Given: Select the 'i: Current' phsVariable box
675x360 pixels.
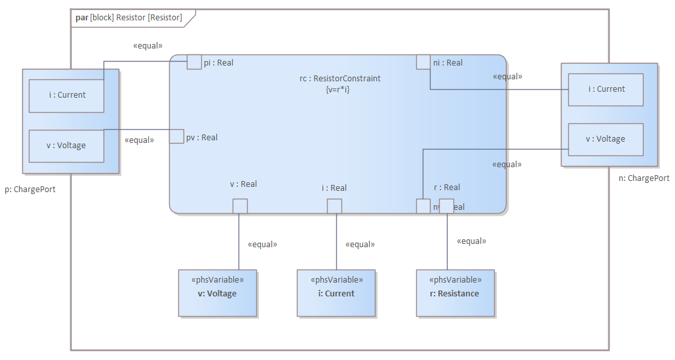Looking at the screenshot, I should pyautogui.click(x=336, y=293).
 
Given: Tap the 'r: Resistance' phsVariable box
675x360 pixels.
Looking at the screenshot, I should pyautogui.click(x=455, y=293).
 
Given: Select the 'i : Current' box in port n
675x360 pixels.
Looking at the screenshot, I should pyautogui.click(x=606, y=90).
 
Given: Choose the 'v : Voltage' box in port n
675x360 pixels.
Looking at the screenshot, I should pyautogui.click(x=606, y=140).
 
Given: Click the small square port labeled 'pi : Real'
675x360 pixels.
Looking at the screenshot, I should pyautogui.click(x=194, y=62).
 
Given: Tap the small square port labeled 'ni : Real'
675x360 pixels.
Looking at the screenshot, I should pyautogui.click(x=423, y=62).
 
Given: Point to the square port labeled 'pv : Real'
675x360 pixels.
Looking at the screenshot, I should pyautogui.click(x=177, y=136).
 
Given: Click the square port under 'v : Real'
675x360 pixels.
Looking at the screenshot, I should pyautogui.click(x=240, y=206).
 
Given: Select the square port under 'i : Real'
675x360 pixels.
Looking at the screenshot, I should pyautogui.click(x=334, y=206).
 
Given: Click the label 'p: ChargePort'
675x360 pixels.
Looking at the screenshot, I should pyautogui.click(x=30, y=190).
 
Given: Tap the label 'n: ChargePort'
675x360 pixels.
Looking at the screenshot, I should pyautogui.click(x=644, y=178).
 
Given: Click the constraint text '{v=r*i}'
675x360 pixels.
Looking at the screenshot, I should pyautogui.click(x=337, y=89).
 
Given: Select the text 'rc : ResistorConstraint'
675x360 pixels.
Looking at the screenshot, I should pyautogui.click(x=340, y=79).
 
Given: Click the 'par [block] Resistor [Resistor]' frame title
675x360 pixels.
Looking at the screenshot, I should pyautogui.click(x=128, y=18).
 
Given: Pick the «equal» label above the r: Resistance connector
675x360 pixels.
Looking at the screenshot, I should pyautogui.click(x=471, y=241).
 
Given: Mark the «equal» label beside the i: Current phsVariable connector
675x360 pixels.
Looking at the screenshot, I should pyautogui.click(x=360, y=245).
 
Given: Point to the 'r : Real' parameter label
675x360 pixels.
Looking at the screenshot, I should pyautogui.click(x=447, y=188).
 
